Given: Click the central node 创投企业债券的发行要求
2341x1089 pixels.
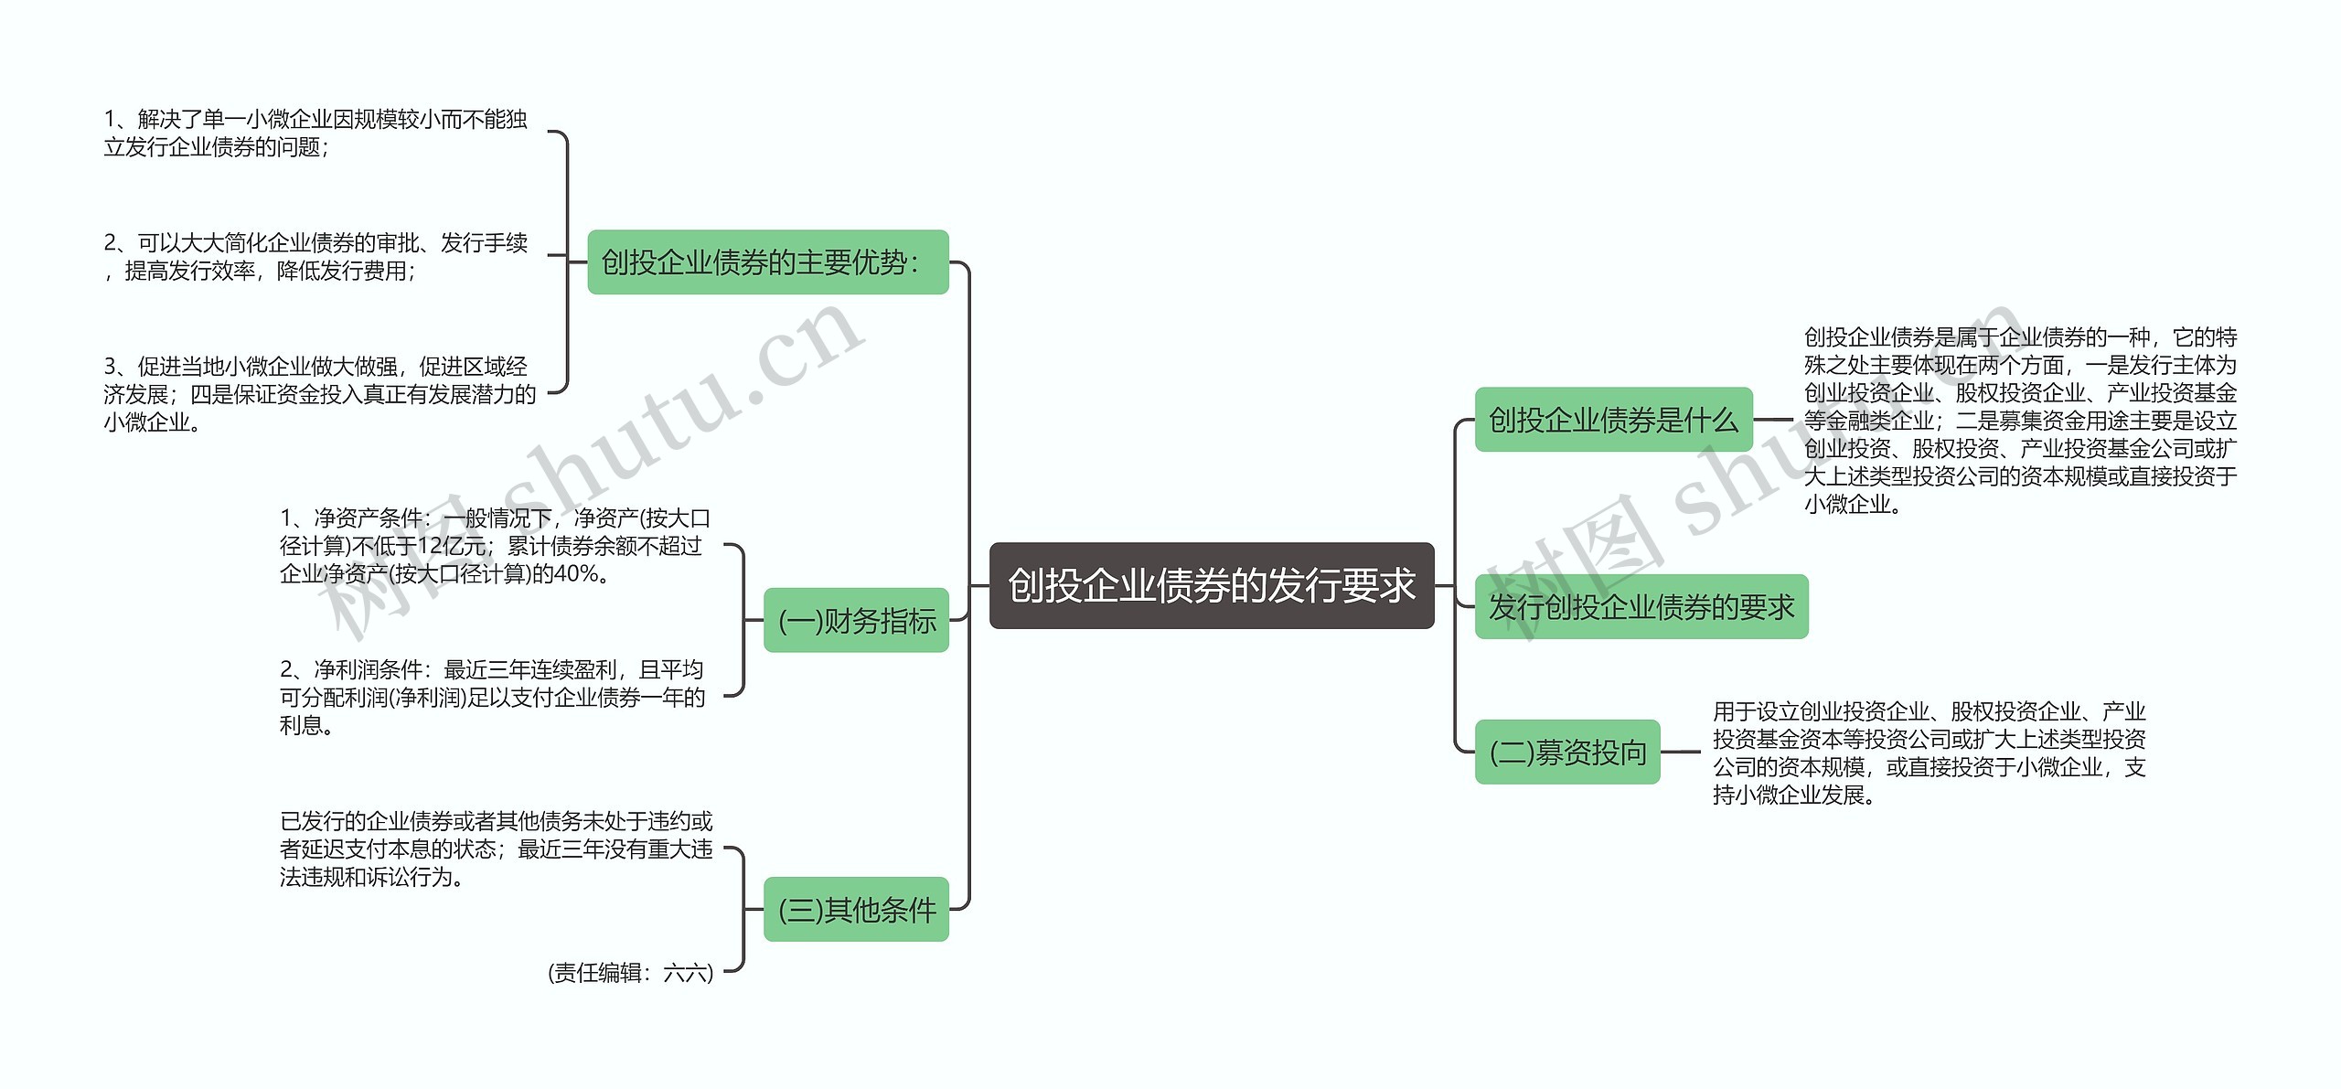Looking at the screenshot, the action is pos(1212,585).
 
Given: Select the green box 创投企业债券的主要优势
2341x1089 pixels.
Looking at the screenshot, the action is pos(767,262).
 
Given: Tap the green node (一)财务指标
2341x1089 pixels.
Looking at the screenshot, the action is pos(856,621).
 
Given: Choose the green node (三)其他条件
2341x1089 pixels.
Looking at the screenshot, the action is pos(856,910).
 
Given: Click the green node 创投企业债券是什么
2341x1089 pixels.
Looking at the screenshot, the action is pos(1613,420).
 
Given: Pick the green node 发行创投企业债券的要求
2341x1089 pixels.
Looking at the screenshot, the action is pos(1641,606).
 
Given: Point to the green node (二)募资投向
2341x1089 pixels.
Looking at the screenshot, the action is pos(1567,753).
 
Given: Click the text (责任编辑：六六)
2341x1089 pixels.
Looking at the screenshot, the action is pos(630,973).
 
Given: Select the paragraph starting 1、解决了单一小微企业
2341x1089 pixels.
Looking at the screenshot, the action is pos(315,133).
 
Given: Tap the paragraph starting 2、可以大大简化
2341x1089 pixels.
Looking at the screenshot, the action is pos(315,257).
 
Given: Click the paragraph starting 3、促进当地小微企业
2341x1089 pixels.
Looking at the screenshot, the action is pos(319,394).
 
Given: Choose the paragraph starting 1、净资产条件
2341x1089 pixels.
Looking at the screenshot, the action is pos(495,546).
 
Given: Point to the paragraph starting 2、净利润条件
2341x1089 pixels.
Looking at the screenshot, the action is pos(492,698).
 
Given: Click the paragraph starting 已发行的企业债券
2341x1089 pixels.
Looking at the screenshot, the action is pos(496,849).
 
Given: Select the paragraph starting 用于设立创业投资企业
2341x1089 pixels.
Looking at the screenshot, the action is pos(1929,753).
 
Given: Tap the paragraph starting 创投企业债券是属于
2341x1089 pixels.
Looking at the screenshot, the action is pos(2020,421).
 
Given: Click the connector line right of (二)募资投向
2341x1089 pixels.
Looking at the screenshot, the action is pos(1681,753).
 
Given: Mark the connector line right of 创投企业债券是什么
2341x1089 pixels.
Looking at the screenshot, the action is pos(1774,420).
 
